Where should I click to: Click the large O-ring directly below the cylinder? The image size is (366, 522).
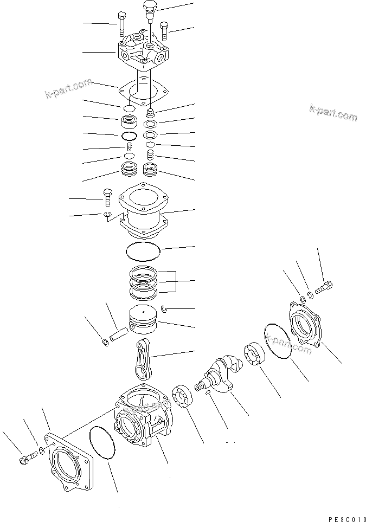pos(143,251)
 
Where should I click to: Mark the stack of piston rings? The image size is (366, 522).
pos(144,282)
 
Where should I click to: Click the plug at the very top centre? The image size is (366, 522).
pos(148,9)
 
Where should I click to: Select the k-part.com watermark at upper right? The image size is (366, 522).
pos(333,112)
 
